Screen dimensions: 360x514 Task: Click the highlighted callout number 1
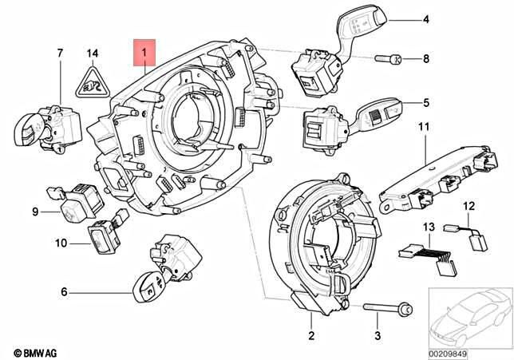tap(144, 54)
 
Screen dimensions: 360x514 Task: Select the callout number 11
tap(423, 126)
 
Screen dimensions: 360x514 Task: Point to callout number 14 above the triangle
tap(93, 53)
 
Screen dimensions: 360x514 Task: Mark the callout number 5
tap(425, 102)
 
